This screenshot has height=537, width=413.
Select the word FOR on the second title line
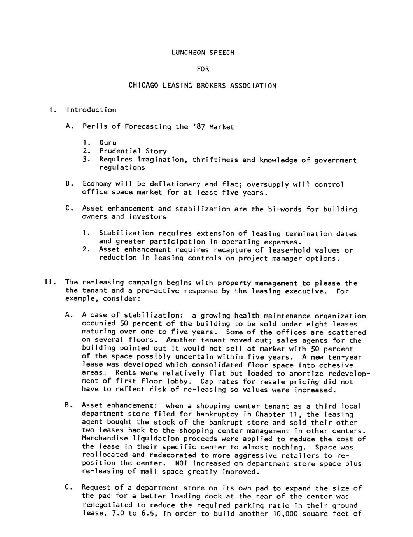click(203, 69)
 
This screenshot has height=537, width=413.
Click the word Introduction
click(91, 110)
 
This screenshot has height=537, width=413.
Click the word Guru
click(108, 143)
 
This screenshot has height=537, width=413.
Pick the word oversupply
click(268, 184)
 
